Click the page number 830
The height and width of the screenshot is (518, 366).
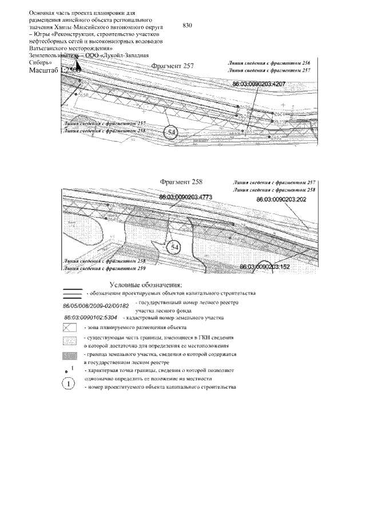[189, 26]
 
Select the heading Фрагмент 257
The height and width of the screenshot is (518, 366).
[173, 66]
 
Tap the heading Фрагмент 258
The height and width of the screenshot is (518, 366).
[181, 182]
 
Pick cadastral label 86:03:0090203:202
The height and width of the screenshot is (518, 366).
[282, 200]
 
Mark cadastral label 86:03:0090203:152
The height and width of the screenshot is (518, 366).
[265, 267]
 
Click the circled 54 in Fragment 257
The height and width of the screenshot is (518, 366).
[171, 132]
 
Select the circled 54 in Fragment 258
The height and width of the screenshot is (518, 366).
[173, 247]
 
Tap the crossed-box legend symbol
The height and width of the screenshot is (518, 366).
[70, 328]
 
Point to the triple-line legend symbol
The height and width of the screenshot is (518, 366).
[72, 294]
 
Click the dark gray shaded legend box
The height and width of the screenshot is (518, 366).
[70, 356]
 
